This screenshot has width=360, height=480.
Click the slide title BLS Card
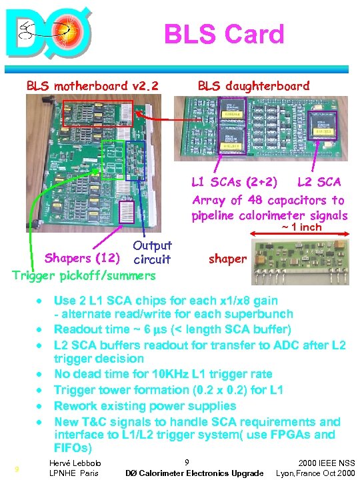224,33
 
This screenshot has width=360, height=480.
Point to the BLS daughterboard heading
253,85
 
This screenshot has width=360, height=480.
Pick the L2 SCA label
319,181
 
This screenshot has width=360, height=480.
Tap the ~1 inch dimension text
300,227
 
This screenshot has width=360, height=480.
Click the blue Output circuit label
152,253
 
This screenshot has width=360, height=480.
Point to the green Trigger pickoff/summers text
84,275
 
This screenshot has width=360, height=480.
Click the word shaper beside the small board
227,259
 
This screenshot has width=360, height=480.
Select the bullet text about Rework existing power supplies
145,405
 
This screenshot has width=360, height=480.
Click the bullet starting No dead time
163,375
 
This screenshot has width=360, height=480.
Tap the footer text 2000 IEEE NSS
327,463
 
